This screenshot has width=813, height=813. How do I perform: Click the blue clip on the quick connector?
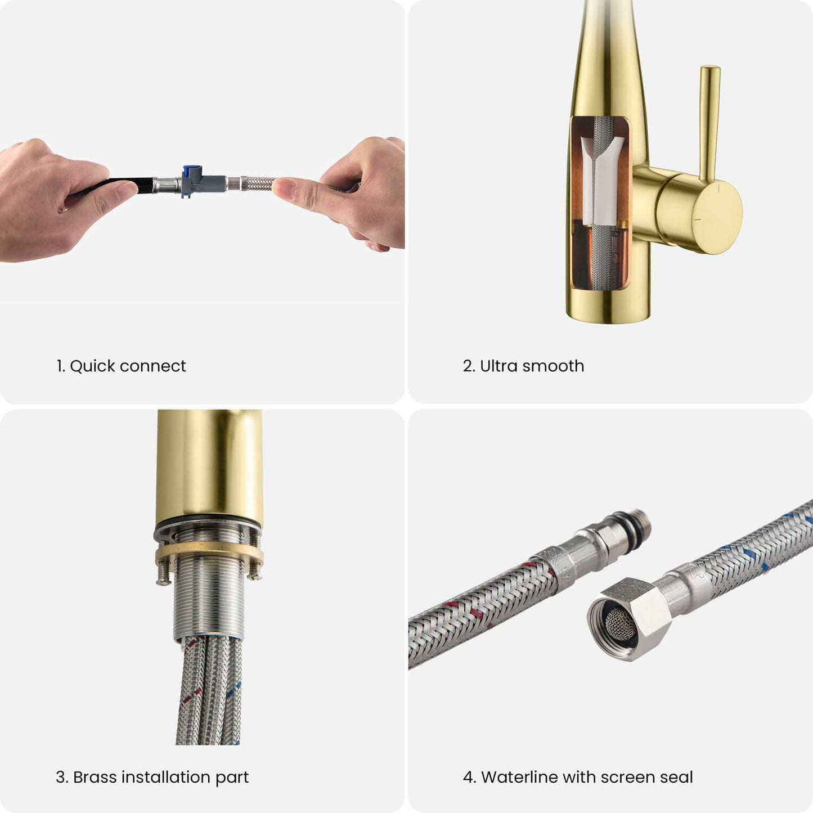click(x=192, y=172)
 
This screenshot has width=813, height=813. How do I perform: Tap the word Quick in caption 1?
click(x=92, y=366)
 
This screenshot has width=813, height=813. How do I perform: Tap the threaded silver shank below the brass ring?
click(x=209, y=602)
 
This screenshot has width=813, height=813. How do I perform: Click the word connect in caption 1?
click(x=155, y=366)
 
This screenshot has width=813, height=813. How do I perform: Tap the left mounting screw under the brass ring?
click(x=163, y=574)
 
